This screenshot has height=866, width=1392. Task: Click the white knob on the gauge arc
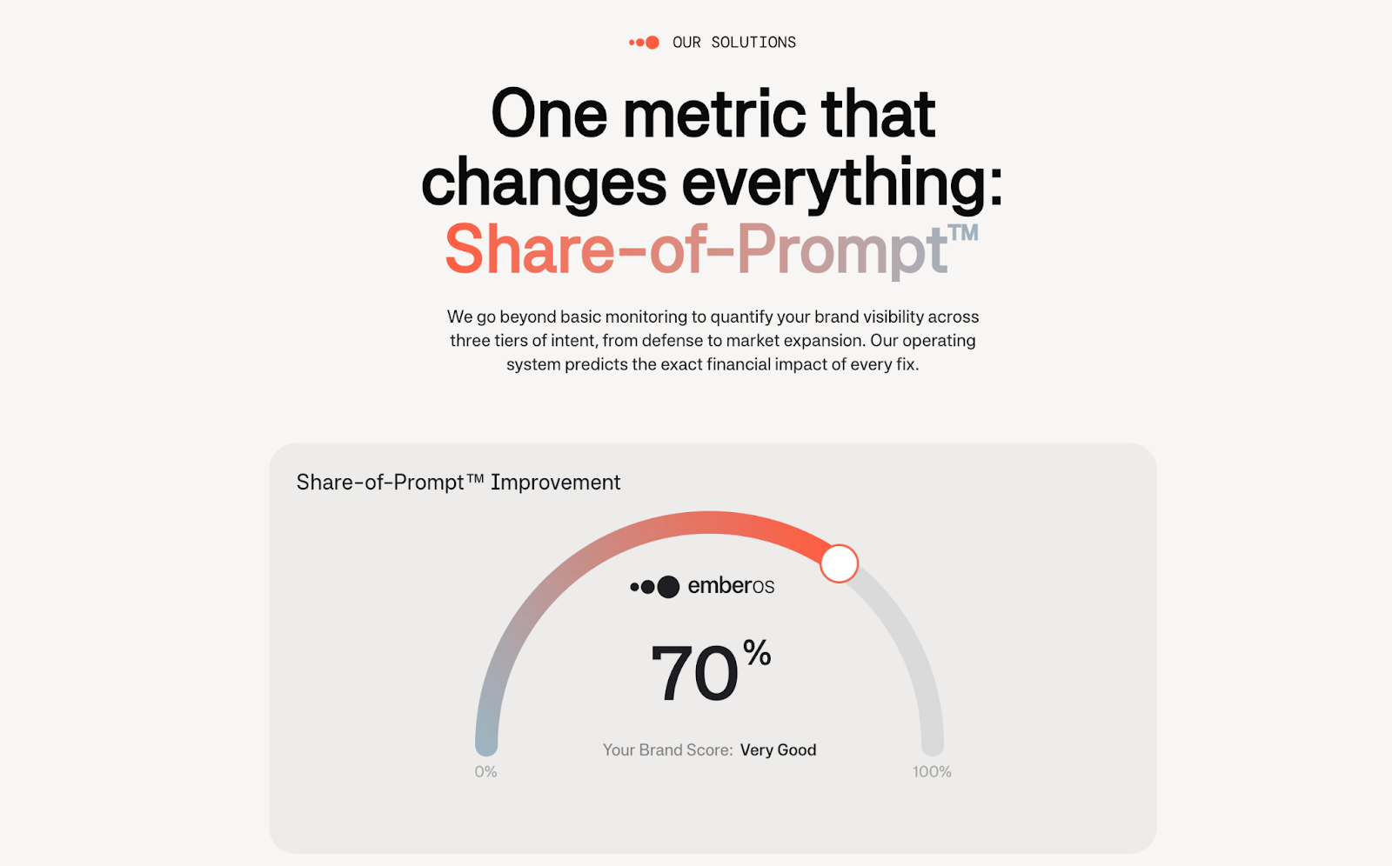click(x=839, y=563)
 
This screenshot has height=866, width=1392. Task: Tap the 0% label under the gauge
click(x=485, y=771)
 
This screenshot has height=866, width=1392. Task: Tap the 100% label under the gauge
click(x=932, y=771)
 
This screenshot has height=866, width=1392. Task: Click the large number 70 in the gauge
click(x=694, y=674)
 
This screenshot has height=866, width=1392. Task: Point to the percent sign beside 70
click(x=757, y=652)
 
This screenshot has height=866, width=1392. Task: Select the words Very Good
click(x=778, y=749)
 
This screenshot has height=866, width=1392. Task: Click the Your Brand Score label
click(x=668, y=749)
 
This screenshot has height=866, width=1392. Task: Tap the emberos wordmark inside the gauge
click(x=731, y=586)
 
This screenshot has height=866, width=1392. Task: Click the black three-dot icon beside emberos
click(x=655, y=586)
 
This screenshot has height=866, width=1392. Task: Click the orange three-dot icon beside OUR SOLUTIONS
click(x=644, y=43)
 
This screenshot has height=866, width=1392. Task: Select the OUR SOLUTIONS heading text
click(x=734, y=43)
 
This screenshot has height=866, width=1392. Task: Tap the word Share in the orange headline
click(x=529, y=249)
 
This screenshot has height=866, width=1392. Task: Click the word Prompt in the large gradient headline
click(x=841, y=251)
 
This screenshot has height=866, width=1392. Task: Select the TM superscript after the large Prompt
click(x=963, y=232)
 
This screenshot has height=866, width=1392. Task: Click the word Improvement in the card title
click(x=556, y=482)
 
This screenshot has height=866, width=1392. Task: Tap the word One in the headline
click(x=549, y=114)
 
